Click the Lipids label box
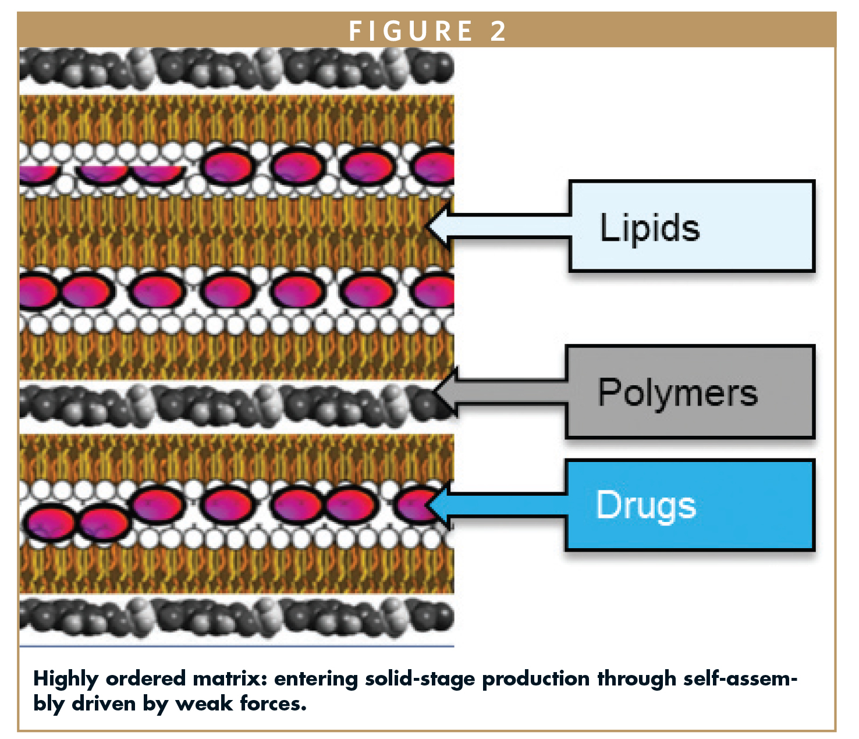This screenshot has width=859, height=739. click(x=691, y=226)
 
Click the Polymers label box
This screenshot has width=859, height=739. click(x=690, y=392)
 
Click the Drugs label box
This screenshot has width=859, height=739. click(x=690, y=505)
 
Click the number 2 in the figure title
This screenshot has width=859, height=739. click(x=498, y=31)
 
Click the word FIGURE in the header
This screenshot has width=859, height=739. click(x=411, y=31)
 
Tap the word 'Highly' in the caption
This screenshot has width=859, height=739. click(x=65, y=678)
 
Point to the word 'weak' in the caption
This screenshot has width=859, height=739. click(x=204, y=704)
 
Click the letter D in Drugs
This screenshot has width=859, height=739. click(x=608, y=504)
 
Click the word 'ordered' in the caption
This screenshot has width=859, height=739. click(x=145, y=678)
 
